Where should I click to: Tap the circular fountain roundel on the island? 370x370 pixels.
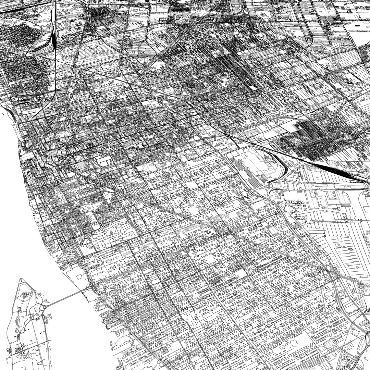coord(25,295)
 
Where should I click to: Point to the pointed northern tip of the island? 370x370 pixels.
coord(21,279)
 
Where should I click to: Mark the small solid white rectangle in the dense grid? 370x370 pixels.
coord(253,88)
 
